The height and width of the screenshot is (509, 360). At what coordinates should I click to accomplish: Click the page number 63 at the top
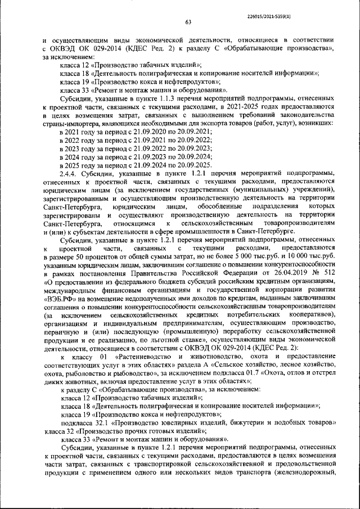188,22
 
